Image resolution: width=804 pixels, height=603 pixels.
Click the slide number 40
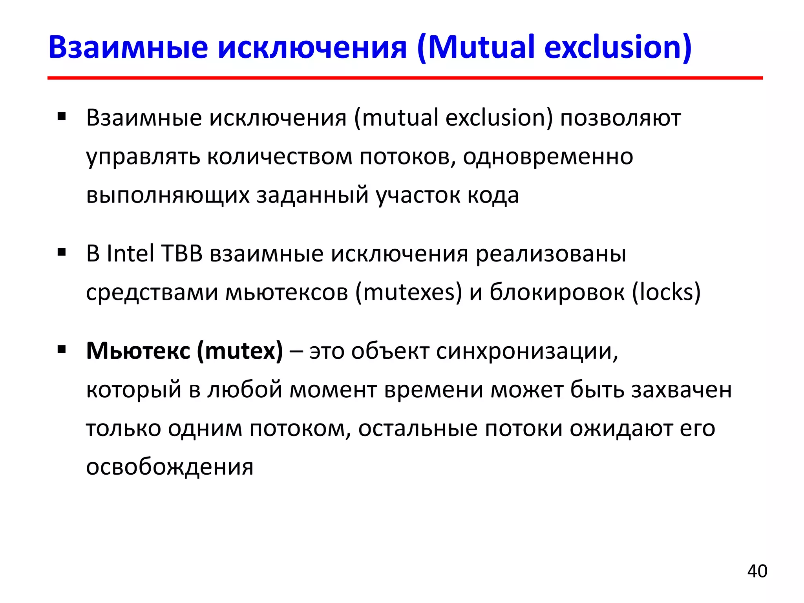tap(757, 571)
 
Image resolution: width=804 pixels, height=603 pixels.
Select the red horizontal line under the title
tap(404, 78)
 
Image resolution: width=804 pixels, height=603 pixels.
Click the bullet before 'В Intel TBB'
tap(62, 252)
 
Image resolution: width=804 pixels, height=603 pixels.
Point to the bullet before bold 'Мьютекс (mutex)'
tap(62, 349)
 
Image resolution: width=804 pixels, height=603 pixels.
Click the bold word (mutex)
tap(239, 351)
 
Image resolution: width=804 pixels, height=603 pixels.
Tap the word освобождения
tap(170, 467)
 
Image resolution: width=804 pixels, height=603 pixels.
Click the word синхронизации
tap(527, 351)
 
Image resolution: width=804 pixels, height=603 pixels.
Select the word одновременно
tap(548, 157)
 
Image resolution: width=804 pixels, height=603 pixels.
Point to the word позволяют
tap(620, 118)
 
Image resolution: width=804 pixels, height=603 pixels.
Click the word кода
tap(493, 195)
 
